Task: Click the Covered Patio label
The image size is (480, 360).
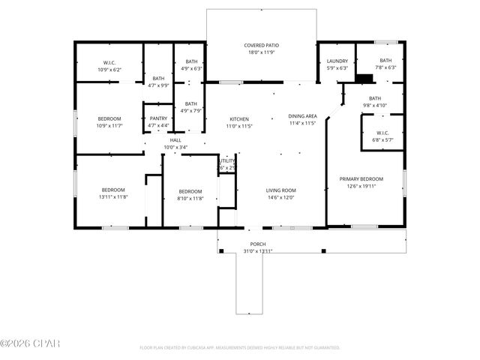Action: [x=261, y=46]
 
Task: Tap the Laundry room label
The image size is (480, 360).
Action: [x=337, y=61]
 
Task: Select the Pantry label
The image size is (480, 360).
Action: [x=158, y=118]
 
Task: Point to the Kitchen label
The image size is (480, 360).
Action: [x=239, y=119]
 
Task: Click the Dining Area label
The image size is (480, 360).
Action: [x=303, y=115]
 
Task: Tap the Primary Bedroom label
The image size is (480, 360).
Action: [x=361, y=178]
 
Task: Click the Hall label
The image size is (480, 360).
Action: [x=175, y=140]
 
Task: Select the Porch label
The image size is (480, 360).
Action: [x=257, y=244]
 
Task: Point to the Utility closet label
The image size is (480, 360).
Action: [x=226, y=160]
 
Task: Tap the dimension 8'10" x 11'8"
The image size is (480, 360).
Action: [x=190, y=197]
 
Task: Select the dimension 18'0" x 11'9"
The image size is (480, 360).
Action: [x=261, y=52]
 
